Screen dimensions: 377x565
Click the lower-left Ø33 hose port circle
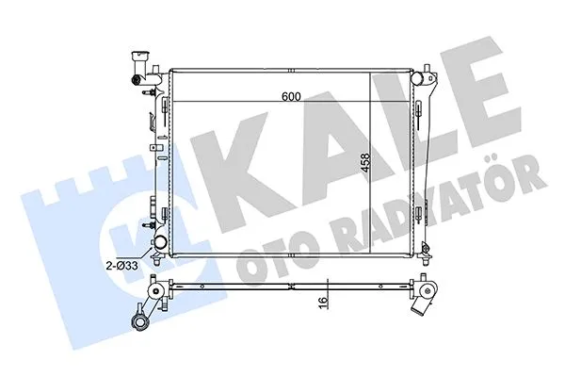160,247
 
